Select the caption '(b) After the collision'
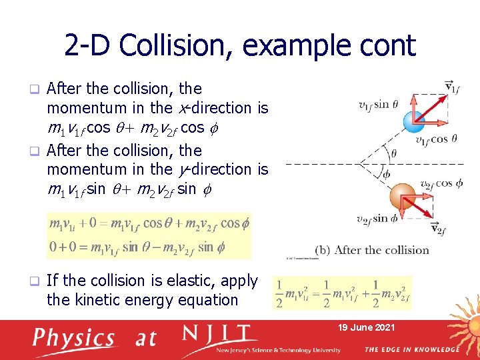[x=381, y=250]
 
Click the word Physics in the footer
[x=75, y=338]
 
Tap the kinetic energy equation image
[x=342, y=293]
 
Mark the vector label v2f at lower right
[x=439, y=230]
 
